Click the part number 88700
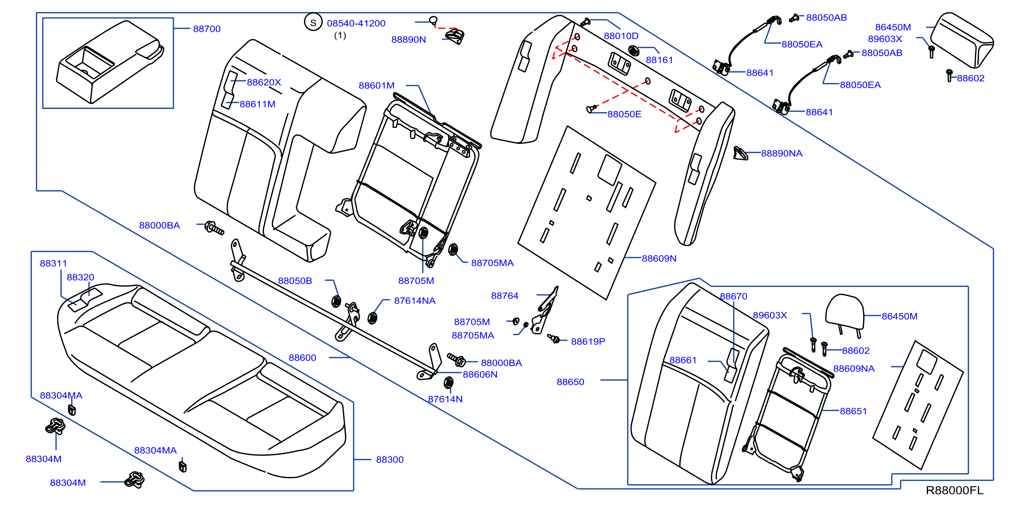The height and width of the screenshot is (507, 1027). tap(207, 29)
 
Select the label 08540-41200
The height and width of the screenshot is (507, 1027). tap(356, 23)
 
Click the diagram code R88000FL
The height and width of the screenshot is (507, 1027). tap(955, 490)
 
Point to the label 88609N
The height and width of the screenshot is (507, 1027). tap(659, 259)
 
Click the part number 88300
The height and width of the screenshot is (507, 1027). tap(389, 460)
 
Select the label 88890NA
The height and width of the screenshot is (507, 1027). tap(781, 154)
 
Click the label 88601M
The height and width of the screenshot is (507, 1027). tap(376, 85)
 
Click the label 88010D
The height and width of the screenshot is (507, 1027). tap(621, 36)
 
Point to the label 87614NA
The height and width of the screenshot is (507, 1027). tap(415, 301)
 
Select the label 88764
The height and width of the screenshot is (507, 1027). tap(504, 296)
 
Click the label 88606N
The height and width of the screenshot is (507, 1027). tap(480, 374)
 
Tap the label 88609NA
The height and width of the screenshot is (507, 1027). tap(854, 369)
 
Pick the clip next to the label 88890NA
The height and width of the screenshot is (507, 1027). tap(740, 153)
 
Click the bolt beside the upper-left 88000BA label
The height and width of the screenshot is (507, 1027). tap(214, 228)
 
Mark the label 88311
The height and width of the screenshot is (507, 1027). tap(53, 263)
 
